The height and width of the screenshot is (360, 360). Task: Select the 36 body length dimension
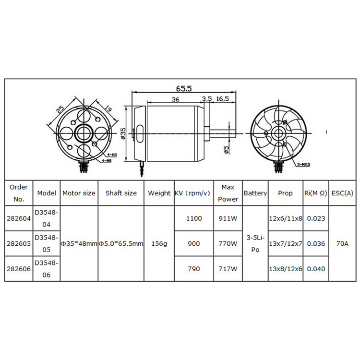[x=175, y=99]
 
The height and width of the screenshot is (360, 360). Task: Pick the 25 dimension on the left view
[x=60, y=109]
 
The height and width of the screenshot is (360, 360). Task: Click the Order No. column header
[x=19, y=192]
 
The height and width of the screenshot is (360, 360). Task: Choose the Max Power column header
[x=228, y=192]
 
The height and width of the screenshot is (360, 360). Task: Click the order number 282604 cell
[x=19, y=218]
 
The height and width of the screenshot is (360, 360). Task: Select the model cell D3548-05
[x=47, y=243]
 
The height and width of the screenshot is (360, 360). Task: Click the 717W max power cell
[x=228, y=269]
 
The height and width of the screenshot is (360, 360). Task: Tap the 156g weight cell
[x=159, y=244]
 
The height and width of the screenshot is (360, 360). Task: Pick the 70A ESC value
[x=342, y=244]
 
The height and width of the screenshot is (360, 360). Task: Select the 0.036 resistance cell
[x=315, y=244]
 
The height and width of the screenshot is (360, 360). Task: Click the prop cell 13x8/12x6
[x=285, y=269]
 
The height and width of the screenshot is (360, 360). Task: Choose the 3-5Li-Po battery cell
[x=255, y=244]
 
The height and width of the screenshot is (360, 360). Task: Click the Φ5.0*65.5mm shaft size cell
[x=121, y=244]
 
